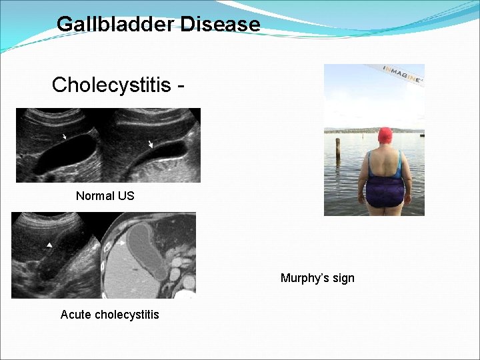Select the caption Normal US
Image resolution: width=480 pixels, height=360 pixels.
(x=105, y=195)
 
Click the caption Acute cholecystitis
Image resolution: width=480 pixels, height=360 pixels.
(x=109, y=314)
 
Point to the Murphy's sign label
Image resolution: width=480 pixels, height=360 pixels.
(x=317, y=278)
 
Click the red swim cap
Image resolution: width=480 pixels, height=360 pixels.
(x=385, y=136)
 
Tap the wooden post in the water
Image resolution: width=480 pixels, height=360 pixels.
(x=338, y=150)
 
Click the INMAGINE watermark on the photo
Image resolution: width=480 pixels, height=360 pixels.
(x=404, y=73)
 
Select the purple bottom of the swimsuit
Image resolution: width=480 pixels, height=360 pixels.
(x=385, y=191)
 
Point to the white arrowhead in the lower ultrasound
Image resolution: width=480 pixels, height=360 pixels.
(x=49, y=245)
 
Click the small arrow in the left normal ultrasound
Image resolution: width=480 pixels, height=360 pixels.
(x=64, y=137)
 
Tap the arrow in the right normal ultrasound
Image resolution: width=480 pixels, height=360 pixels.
(x=151, y=143)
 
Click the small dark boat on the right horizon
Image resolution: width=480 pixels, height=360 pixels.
(x=421, y=135)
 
